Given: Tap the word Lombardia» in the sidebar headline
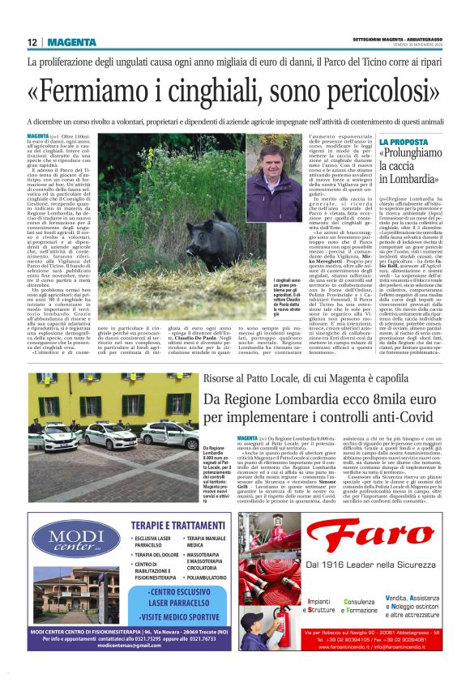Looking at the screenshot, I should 412,178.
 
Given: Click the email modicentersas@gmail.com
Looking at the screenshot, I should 132,645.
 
